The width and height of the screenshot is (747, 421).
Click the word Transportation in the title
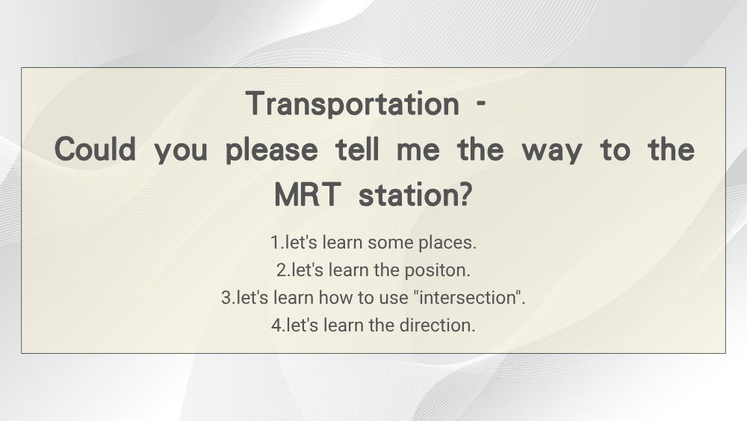pyautogui.click(x=353, y=104)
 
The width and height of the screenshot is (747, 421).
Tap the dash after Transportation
pyautogui.click(x=481, y=103)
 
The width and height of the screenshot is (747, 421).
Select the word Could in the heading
pyautogui.click(x=96, y=149)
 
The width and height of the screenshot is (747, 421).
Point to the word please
pyautogui.click(x=272, y=151)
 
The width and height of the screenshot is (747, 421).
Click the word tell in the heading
pyautogui.click(x=357, y=149)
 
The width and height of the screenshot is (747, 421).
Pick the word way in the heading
pyautogui.click(x=552, y=152)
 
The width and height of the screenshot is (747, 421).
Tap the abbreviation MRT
pyautogui.click(x=308, y=195)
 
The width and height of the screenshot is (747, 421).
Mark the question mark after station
pyautogui.click(x=464, y=194)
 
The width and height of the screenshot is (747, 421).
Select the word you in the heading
pyautogui.click(x=181, y=152)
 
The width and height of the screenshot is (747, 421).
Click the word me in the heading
pyautogui.click(x=418, y=151)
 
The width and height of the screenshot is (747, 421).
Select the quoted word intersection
pyautogui.click(x=468, y=298)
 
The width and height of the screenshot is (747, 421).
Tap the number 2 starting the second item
pyautogui.click(x=281, y=270)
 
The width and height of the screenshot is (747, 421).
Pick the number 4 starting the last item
pyautogui.click(x=276, y=325)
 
